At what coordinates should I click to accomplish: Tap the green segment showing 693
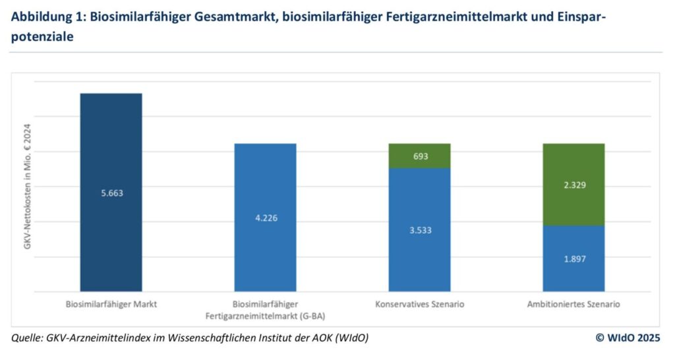click(x=419, y=156)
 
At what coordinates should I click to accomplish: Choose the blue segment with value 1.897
click(x=573, y=270)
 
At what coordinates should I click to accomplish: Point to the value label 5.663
click(x=111, y=193)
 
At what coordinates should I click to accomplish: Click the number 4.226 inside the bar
click(x=265, y=218)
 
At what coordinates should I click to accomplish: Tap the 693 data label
click(x=420, y=156)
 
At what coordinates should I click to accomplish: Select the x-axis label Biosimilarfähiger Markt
click(x=111, y=305)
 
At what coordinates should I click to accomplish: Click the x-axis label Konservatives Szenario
click(x=419, y=305)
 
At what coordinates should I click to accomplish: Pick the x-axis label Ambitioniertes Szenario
click(x=573, y=305)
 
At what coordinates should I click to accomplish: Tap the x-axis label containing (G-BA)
click(x=265, y=316)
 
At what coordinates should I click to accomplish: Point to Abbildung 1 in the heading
click(x=44, y=17)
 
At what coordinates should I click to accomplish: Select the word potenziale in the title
click(x=42, y=38)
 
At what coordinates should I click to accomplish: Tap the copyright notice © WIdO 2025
click(x=628, y=338)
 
